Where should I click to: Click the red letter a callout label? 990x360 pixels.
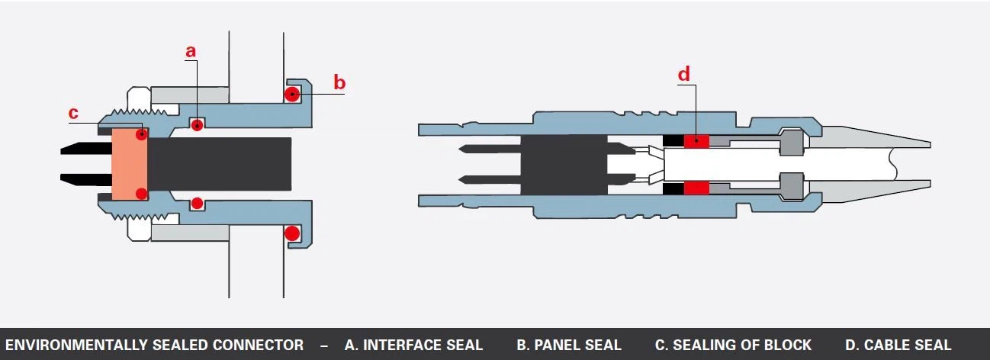coord(191,51)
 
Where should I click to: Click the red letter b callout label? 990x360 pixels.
coord(339,82)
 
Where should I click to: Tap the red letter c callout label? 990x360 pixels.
coord(73,113)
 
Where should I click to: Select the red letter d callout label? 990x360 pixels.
coord(683,74)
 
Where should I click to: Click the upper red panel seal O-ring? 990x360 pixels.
coord(292,94)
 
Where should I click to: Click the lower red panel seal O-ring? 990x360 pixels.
coord(292,233)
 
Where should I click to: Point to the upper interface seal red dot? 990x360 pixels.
coord(197,125)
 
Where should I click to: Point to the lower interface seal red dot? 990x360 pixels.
coord(197,203)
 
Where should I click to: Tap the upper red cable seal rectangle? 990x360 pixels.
coord(696,141)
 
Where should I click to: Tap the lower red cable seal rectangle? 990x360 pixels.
coord(696,188)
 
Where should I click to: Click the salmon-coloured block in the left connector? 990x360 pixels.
coord(130,164)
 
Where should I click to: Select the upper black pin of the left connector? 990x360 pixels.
coord(86,149)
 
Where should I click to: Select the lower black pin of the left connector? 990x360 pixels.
coord(86,180)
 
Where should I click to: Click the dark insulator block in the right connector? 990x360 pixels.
coord(564,165)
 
